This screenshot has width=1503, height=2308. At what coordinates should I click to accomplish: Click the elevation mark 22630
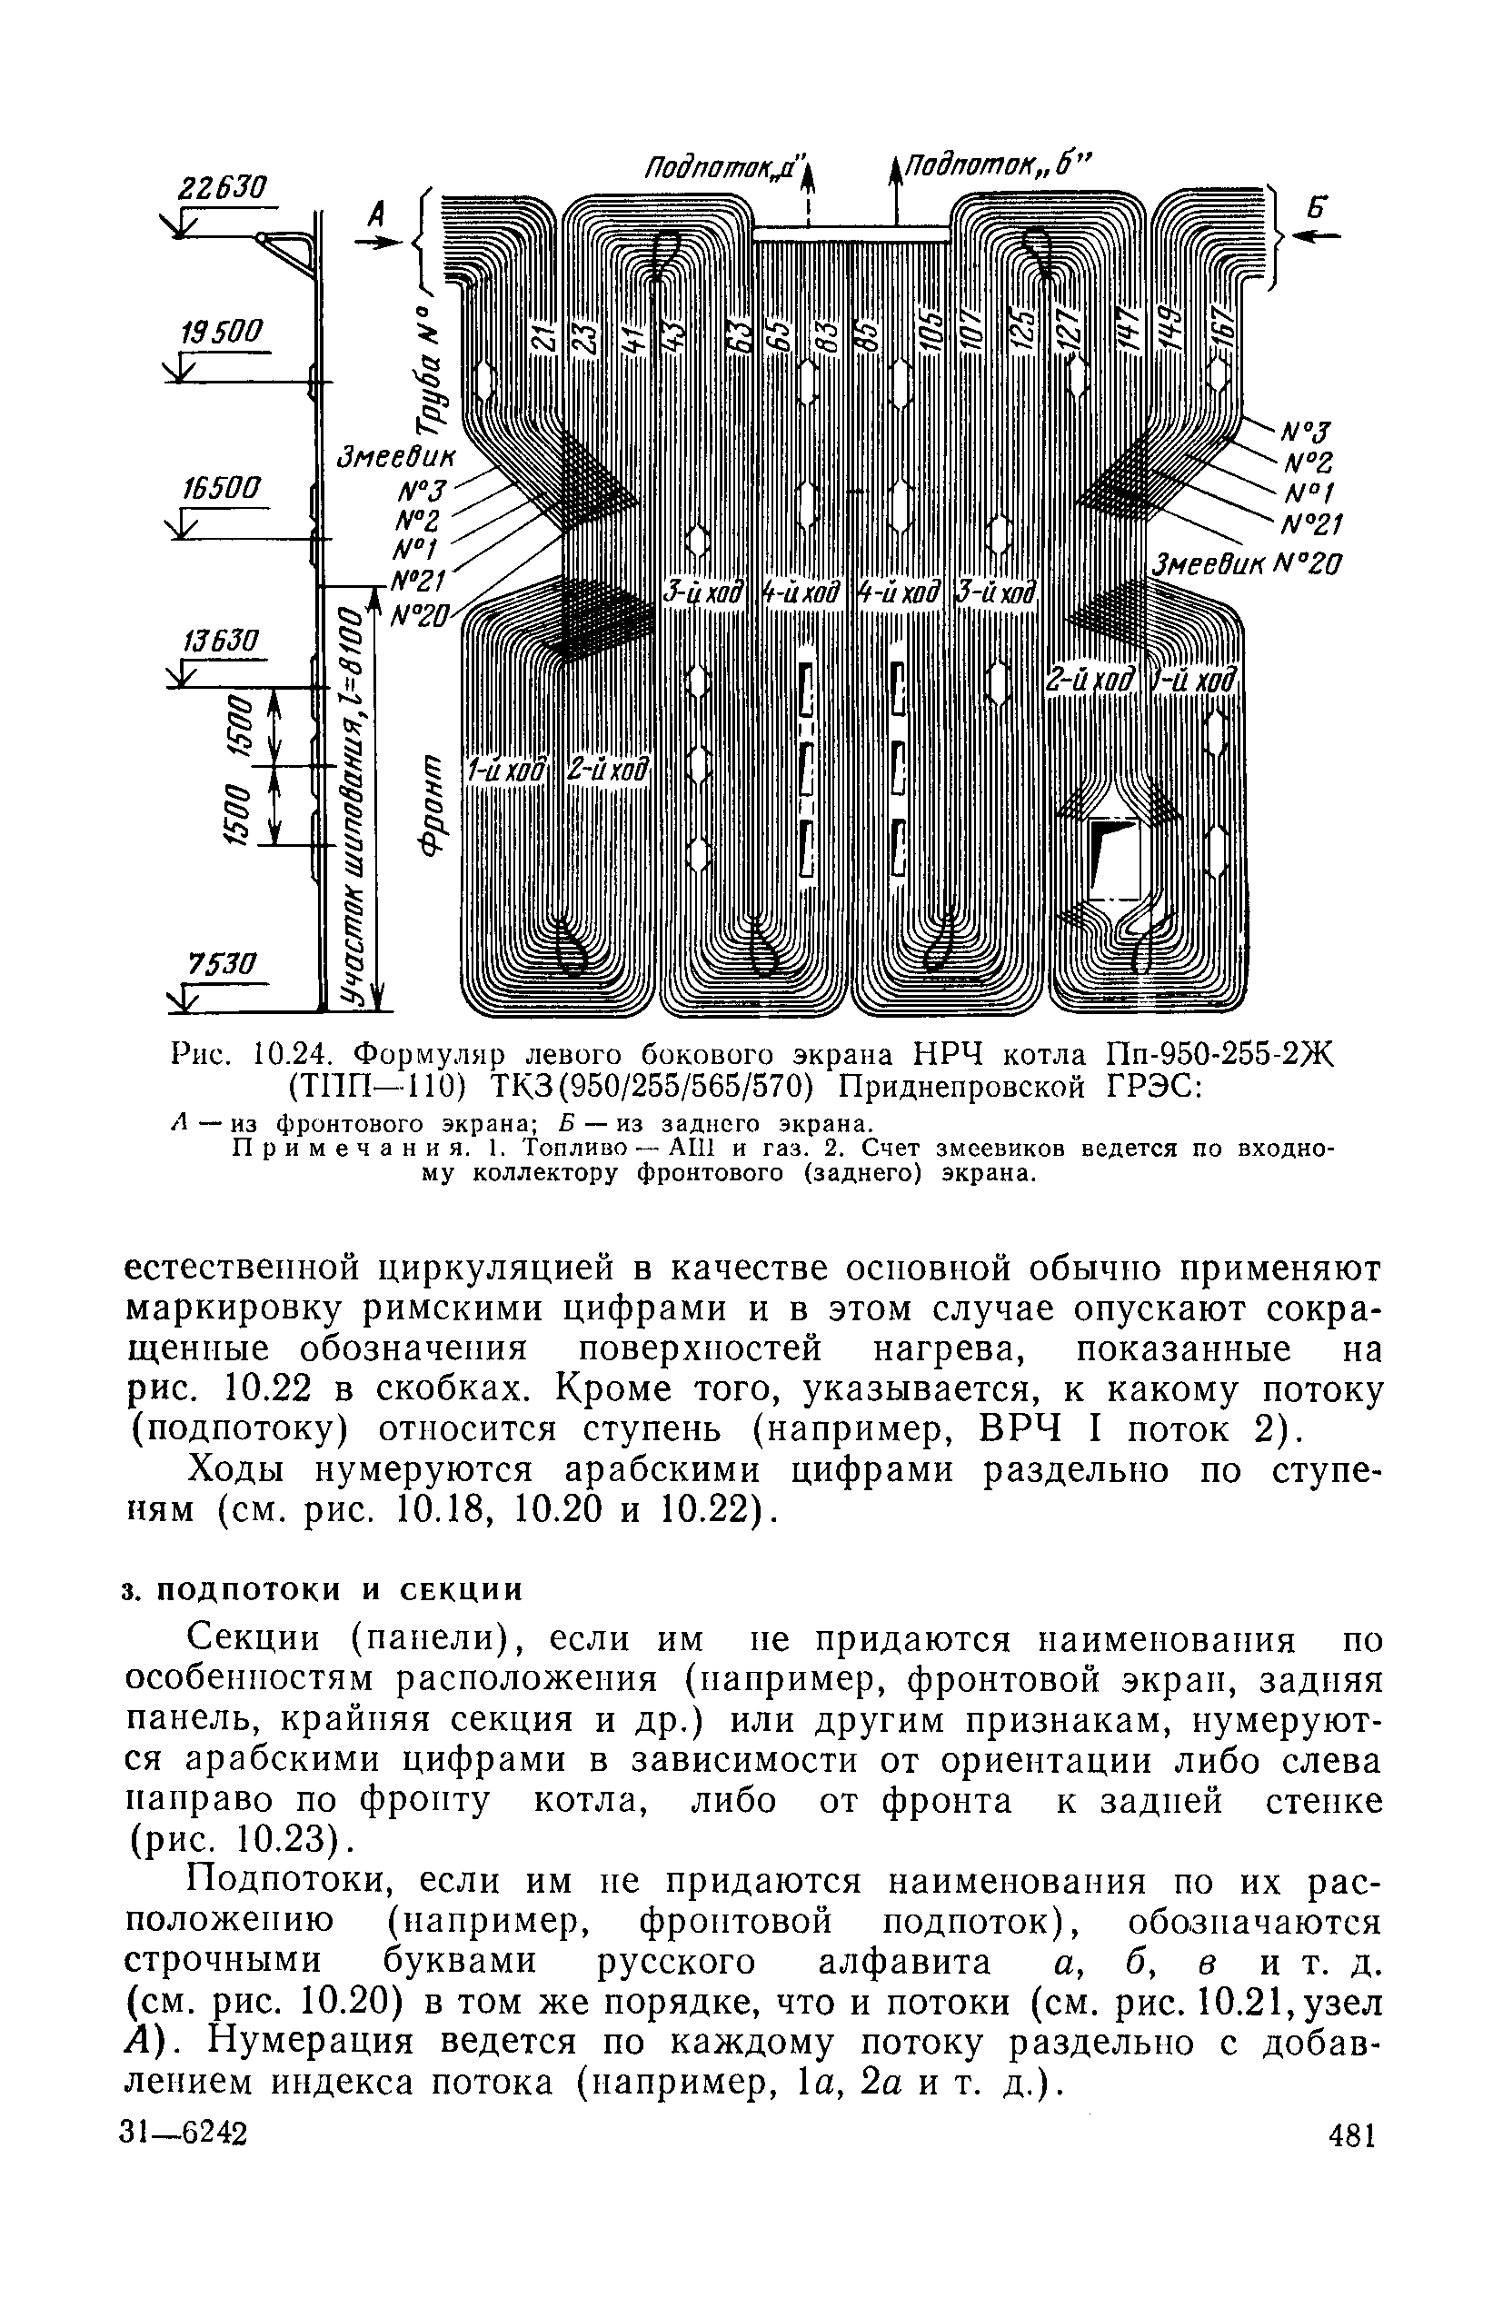[x=221, y=187]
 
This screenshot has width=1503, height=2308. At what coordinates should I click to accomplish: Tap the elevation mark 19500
[x=222, y=333]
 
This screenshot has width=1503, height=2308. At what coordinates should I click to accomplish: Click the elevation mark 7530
[x=222, y=964]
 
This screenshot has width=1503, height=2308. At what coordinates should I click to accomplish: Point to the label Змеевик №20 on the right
[x=1246, y=563]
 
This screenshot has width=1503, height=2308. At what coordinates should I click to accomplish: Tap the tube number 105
[x=928, y=332]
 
